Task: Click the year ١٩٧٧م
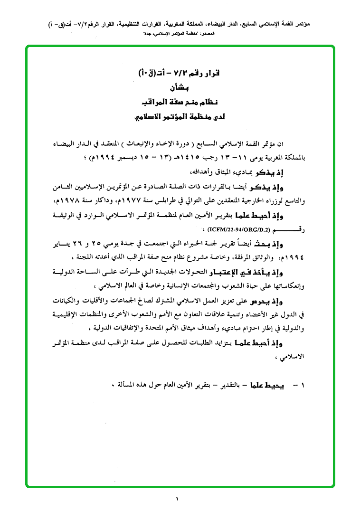point(171,202)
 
